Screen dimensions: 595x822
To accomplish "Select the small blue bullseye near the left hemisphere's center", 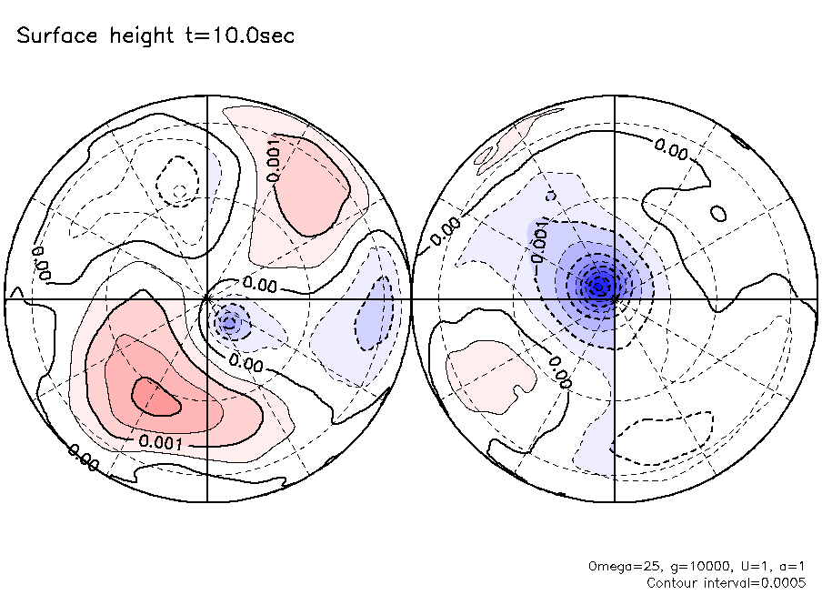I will [229, 321].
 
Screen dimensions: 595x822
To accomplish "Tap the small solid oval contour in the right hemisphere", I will [719, 214].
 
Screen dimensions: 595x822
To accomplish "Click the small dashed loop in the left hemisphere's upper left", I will [176, 178].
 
